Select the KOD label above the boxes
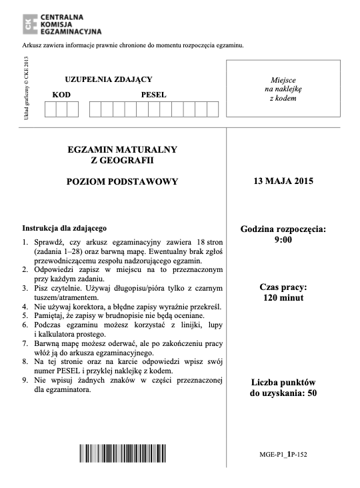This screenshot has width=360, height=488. click(61, 95)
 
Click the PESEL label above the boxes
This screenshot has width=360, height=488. click(153, 95)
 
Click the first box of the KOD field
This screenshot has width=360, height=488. click(51, 109)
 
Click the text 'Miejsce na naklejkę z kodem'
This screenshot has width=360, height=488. click(283, 89)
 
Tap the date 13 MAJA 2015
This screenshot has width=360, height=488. click(283, 181)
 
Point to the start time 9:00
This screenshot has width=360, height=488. click(283, 239)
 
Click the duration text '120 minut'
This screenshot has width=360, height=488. click(283, 298)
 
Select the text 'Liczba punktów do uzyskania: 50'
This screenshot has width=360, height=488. click(283, 388)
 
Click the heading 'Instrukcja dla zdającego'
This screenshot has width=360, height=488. click(65, 227)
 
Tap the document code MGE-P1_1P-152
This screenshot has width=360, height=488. click(283, 454)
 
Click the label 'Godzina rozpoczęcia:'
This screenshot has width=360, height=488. click(283, 229)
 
